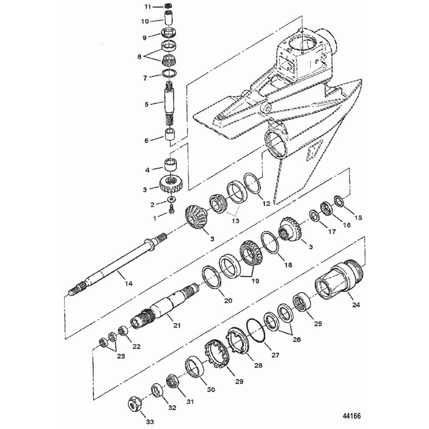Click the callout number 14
(128, 283)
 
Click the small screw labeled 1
(171, 211)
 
